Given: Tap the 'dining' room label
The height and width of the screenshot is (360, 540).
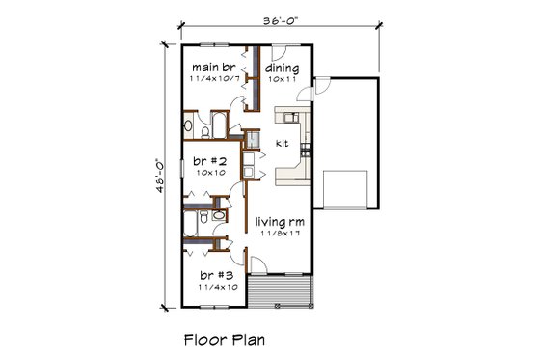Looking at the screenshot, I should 283,69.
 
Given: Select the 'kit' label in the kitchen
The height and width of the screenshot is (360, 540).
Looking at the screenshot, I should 282,143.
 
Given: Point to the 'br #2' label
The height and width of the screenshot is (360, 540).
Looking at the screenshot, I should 210,161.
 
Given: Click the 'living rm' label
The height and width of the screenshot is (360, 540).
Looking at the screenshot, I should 280,221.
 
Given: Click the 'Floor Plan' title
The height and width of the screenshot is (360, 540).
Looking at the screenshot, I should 224,339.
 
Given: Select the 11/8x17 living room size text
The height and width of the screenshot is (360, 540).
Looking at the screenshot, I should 280,233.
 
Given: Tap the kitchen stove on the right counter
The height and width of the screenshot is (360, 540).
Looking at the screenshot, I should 306,150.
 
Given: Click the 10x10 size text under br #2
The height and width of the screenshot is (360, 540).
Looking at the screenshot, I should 209,173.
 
